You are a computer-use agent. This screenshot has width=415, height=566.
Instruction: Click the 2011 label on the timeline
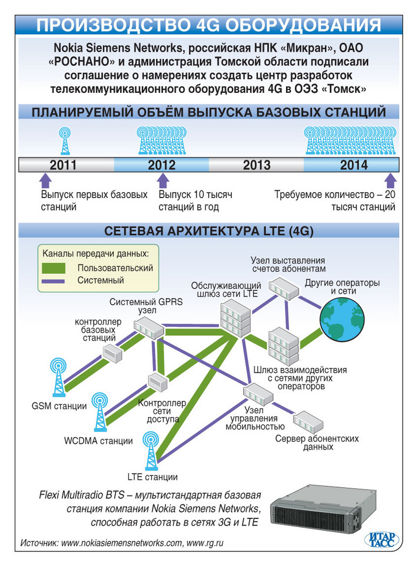pos(63,165)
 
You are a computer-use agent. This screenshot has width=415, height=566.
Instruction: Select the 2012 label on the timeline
pos(162,165)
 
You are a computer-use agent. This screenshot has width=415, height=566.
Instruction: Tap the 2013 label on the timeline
pos(257,165)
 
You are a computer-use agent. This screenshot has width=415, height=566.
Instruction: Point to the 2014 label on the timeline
pos(354,165)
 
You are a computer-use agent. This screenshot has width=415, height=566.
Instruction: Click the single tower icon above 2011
pos(64,142)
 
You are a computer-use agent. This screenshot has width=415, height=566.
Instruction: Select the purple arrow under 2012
pos(163,179)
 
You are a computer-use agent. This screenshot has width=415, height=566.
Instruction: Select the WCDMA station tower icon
pos(101,411)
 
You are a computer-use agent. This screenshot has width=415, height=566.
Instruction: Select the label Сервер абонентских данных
pos(318,443)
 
